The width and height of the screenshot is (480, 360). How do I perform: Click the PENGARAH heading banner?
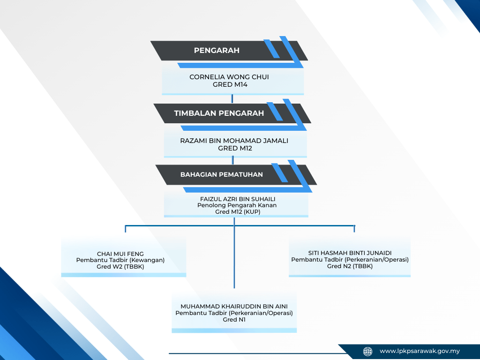pos(217,50)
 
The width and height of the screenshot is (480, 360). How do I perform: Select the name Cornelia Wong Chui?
pos(229,77)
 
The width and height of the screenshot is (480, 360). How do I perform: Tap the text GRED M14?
pos(229,85)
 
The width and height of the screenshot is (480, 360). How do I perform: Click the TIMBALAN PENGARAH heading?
pos(219,113)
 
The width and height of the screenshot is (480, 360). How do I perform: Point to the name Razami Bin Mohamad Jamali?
pos(234,140)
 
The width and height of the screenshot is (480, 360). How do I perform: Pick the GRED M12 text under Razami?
pos(234,148)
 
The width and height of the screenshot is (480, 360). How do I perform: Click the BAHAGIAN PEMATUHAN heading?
pos(222,174)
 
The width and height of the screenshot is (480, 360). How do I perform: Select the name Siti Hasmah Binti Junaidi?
pos(350,253)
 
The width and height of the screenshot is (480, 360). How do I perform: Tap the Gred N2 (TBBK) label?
pos(350,266)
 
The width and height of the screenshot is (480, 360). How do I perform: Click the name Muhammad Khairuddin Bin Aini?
pos(234,307)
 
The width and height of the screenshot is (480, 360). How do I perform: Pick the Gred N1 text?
pos(234,320)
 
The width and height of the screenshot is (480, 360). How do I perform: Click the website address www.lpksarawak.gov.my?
pos(420,351)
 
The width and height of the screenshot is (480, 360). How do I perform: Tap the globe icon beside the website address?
pos(368,351)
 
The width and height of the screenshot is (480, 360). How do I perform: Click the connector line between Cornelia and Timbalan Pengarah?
pos(232,98)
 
